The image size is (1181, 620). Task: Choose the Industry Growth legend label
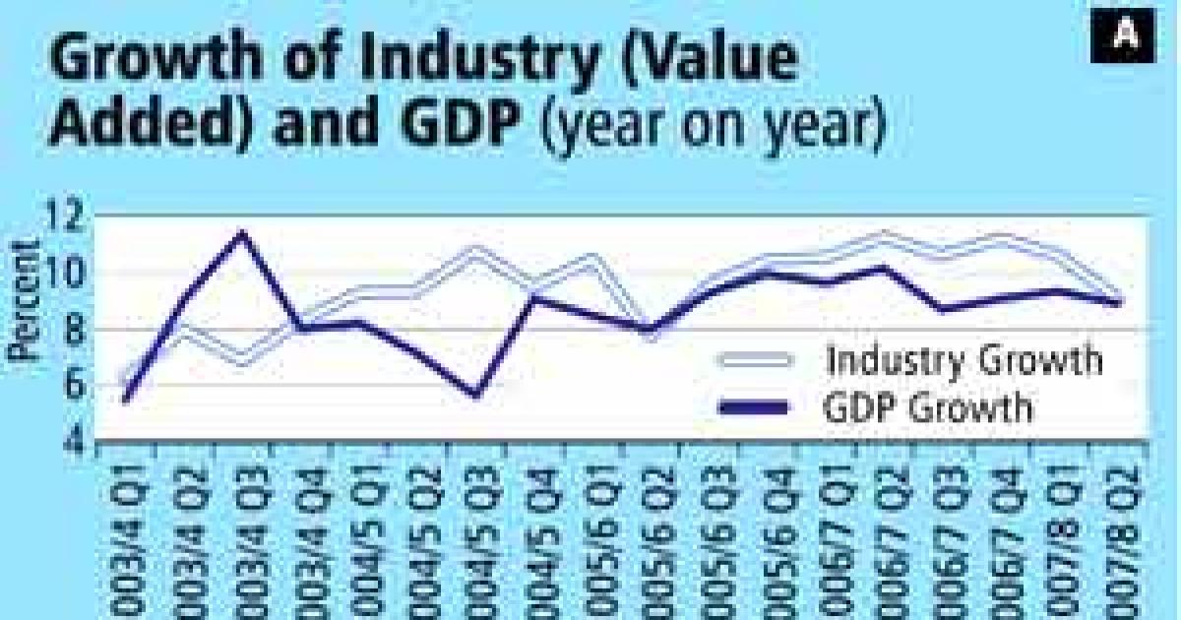click(x=964, y=359)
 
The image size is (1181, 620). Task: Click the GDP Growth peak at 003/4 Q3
click(x=241, y=233)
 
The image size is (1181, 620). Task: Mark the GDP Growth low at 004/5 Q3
click(x=475, y=396)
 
